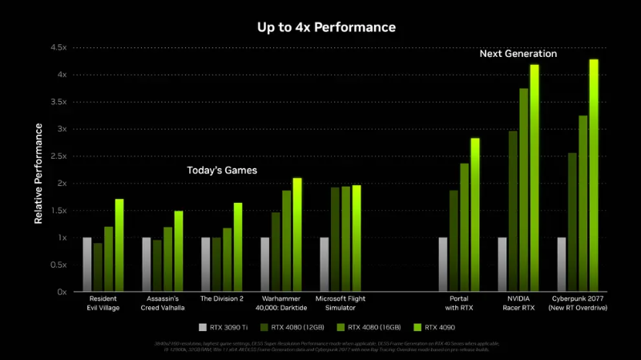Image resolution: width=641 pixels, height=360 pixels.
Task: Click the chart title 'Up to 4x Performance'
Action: pyautogui.click(x=326, y=27)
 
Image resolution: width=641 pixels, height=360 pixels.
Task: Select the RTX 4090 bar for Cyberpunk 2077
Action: pyautogui.click(x=594, y=176)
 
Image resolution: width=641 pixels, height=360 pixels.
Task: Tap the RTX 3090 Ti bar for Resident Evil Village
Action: pyautogui.click(x=87, y=265)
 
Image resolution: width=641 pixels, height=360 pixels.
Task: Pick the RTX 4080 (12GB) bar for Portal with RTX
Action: pyautogui.click(x=454, y=241)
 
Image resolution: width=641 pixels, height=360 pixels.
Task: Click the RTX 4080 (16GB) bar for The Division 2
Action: pyautogui.click(x=227, y=260)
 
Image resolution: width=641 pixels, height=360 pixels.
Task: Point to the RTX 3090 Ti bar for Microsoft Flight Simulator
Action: pyautogui.click(x=325, y=265)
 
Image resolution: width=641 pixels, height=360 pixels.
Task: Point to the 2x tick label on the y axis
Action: pyautogui.click(x=62, y=184)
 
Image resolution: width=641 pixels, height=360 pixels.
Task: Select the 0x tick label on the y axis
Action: pyautogui.click(x=62, y=292)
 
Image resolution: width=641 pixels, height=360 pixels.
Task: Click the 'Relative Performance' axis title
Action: pyautogui.click(x=38, y=170)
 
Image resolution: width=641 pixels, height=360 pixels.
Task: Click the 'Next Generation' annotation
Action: pyautogui.click(x=518, y=54)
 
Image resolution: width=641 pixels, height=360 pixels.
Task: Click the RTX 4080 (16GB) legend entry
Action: pyautogui.click(x=368, y=327)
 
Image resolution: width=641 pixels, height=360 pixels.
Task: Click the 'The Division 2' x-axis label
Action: pyautogui.click(x=221, y=298)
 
